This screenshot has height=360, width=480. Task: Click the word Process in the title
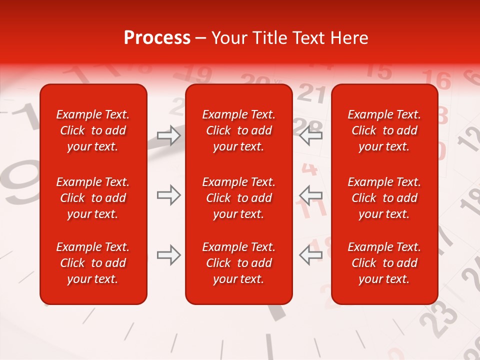click(x=156, y=37)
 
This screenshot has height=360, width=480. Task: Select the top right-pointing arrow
click(x=168, y=135)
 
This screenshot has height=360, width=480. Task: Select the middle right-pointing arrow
click(x=168, y=195)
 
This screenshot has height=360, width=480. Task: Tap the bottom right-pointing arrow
click(x=168, y=255)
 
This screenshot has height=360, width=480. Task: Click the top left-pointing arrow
click(x=310, y=135)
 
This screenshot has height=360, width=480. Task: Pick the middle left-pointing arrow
click(x=310, y=195)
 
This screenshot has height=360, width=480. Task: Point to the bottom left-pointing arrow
click(x=310, y=255)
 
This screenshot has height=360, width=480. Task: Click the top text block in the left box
click(x=93, y=130)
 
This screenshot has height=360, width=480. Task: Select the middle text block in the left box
click(x=93, y=198)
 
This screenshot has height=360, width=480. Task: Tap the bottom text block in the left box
click(x=93, y=263)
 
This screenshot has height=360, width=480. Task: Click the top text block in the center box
click(x=238, y=130)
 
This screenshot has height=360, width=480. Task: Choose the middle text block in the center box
click(x=238, y=198)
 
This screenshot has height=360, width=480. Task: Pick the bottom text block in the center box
click(x=238, y=263)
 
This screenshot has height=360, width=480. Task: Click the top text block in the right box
click(x=384, y=130)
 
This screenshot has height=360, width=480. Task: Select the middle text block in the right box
click(x=384, y=198)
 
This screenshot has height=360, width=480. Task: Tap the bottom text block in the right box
click(x=384, y=263)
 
